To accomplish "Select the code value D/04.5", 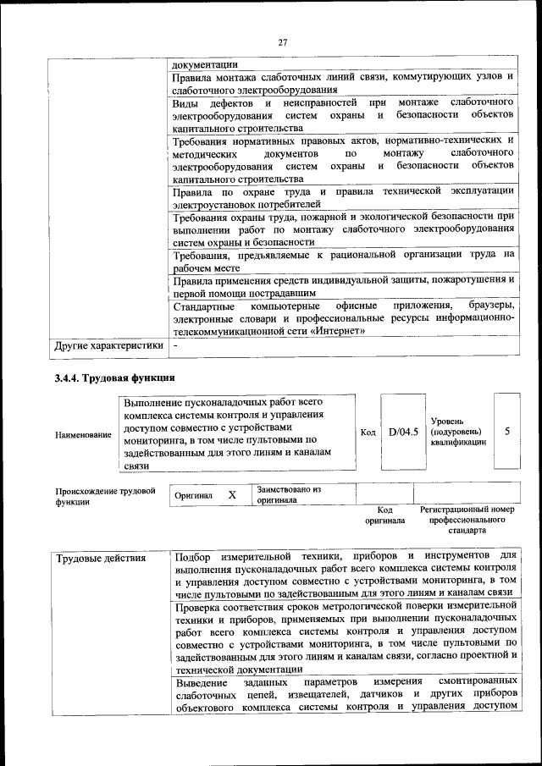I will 404,432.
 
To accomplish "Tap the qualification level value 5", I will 506,431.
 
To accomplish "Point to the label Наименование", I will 83,434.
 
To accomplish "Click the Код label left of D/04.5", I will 368,433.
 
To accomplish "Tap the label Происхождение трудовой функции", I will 106,495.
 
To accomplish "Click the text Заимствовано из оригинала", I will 290,494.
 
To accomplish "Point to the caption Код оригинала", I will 384,515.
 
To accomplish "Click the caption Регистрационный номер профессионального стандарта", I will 467,521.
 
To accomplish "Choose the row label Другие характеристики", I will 108,345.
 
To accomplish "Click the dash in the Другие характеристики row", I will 175,345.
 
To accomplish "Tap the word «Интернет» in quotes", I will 338,331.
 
